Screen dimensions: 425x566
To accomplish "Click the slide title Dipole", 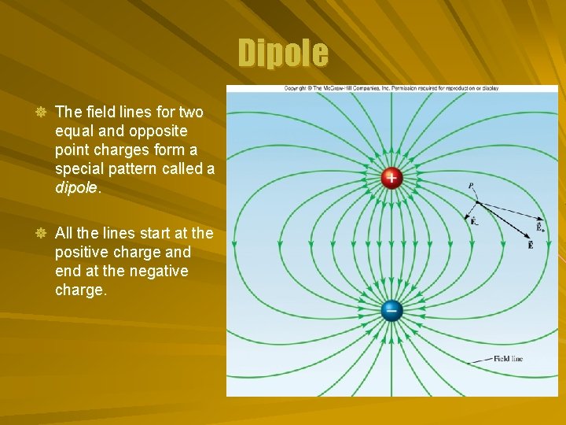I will pos(283,54).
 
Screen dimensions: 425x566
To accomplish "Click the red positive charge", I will pos(391,178).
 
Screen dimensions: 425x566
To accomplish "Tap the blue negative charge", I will pos(391,310).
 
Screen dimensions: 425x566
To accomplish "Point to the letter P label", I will pos(471,187).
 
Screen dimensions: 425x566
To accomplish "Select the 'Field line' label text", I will pos(508,359).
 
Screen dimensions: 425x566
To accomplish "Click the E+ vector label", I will pos(540,227).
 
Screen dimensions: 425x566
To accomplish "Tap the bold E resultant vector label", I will pos(531,246).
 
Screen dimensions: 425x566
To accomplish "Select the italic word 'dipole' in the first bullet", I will pos(76,188).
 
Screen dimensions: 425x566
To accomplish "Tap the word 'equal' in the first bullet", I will pos(73,131).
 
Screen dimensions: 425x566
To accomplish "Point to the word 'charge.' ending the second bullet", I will pos(81,290).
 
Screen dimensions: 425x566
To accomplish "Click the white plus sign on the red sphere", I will pos(391,178).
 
